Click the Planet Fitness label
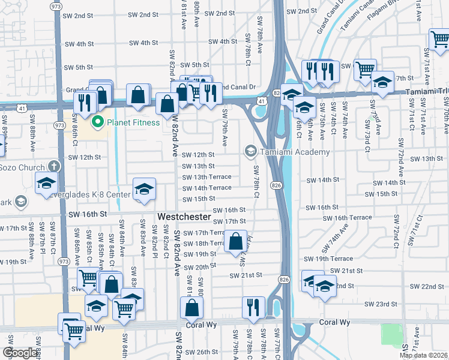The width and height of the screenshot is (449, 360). [x=133, y=122]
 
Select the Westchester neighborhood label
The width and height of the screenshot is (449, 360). [x=184, y=216]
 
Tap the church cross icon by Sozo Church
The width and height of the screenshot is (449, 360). [x=54, y=167]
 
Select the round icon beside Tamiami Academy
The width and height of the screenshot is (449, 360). [x=250, y=151]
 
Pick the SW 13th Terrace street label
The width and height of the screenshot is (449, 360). [x=206, y=177]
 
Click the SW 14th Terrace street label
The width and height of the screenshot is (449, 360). [x=206, y=188]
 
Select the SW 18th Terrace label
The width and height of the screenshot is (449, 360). [x=203, y=244]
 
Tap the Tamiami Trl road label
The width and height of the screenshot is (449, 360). [x=423, y=91]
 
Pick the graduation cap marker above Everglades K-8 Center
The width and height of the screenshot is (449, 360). [x=144, y=189]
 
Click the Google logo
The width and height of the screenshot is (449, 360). [x=20, y=353]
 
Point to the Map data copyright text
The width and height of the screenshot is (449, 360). [x=423, y=355]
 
